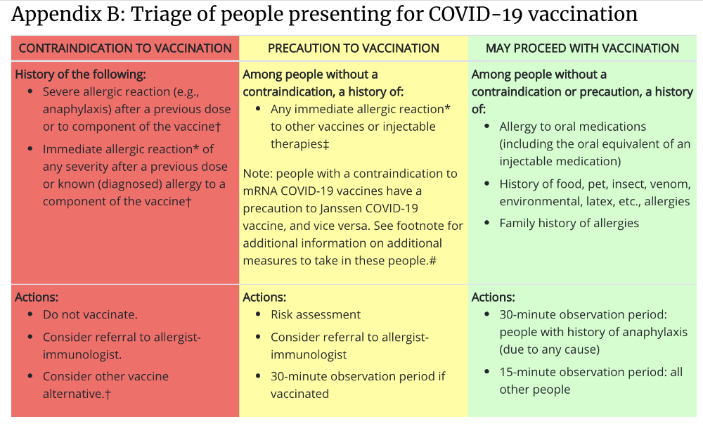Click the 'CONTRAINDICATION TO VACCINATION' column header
pos(125,48)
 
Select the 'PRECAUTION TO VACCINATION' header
pos(354,48)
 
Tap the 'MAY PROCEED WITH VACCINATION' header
pos(582,48)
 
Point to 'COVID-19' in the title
pos(475,14)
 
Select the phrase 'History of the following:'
pos(80,75)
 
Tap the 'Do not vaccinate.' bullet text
pos(90,314)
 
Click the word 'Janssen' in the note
pos(341,208)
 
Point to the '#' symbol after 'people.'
pos(432,260)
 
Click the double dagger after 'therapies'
pos(326,144)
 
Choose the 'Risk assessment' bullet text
pos(315,314)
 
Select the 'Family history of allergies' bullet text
pos(569,223)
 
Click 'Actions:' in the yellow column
pos(264,297)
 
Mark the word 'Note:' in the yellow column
pos(258,174)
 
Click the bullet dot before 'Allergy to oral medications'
pos(487,127)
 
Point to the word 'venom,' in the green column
pos(670,184)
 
